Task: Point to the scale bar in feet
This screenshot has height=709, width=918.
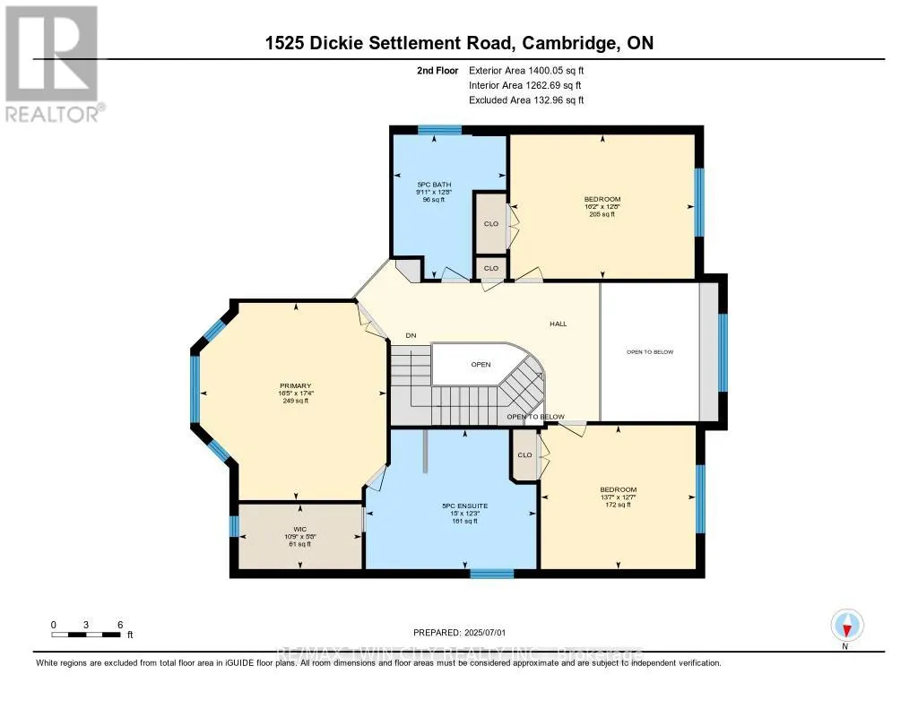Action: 86,634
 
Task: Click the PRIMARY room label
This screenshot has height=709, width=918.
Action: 294,393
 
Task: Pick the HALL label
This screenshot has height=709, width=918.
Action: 559,324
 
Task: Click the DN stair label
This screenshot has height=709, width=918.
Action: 411,335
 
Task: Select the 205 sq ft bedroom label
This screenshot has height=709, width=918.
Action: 602,206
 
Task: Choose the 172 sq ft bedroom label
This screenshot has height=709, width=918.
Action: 618,497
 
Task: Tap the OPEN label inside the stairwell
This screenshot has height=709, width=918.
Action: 481,365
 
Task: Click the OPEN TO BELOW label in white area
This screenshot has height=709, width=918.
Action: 649,352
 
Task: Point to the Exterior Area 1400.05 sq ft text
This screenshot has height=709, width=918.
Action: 526,70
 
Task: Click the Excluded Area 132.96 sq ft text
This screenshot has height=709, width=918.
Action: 526,100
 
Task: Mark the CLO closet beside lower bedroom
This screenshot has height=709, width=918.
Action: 524,455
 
